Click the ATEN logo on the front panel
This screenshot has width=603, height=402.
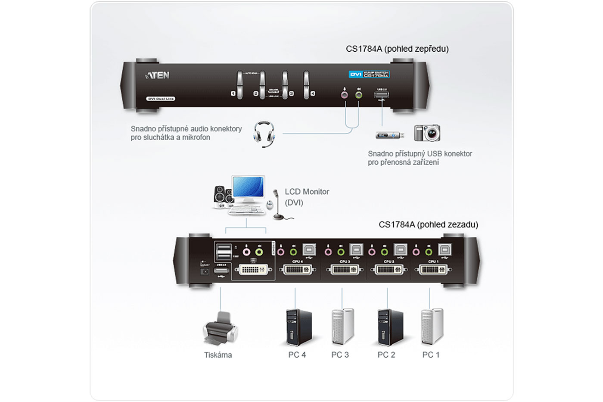tap(158, 75)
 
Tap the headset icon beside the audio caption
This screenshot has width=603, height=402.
tap(264, 134)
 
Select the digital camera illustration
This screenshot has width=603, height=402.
tap(427, 133)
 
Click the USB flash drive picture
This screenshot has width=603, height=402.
tap(389, 135)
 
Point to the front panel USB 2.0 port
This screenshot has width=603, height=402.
tap(382, 95)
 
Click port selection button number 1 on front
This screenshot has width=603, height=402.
tap(239, 84)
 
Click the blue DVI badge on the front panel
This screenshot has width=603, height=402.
tap(355, 75)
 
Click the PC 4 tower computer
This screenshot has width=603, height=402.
tap(298, 327)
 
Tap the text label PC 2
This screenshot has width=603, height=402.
tap(386, 355)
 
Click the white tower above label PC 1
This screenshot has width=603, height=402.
tap(432, 326)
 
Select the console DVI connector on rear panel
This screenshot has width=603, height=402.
tap(253, 271)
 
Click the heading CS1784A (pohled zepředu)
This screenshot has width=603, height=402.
tap(397, 49)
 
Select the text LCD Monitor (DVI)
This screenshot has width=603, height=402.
tap(307, 197)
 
